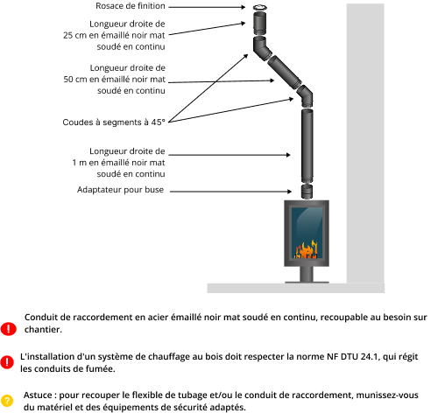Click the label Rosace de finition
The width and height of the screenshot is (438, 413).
(x=131, y=6)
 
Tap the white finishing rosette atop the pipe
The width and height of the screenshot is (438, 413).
(x=259, y=7)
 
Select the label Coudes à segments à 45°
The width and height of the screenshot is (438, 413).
(x=114, y=122)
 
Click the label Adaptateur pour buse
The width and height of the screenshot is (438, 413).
(x=120, y=190)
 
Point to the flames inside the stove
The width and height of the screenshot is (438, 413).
(x=306, y=249)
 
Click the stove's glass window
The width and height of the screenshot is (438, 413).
(x=307, y=233)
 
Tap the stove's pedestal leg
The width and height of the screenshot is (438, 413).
(x=307, y=274)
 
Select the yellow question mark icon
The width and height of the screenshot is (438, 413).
(x=7, y=401)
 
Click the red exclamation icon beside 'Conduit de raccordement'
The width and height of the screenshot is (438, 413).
(x=8, y=329)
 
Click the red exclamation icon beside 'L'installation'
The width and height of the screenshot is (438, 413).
(x=7, y=362)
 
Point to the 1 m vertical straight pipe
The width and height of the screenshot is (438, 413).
(x=307, y=146)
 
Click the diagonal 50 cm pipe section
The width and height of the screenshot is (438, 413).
(x=284, y=72)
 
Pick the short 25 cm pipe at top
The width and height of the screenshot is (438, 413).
(x=259, y=24)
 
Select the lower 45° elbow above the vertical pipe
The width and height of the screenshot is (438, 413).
(x=306, y=95)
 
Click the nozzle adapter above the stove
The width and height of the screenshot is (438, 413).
(x=307, y=192)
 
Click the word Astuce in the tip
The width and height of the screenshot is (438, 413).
(x=38, y=395)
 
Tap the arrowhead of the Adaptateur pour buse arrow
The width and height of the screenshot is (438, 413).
(x=289, y=192)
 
